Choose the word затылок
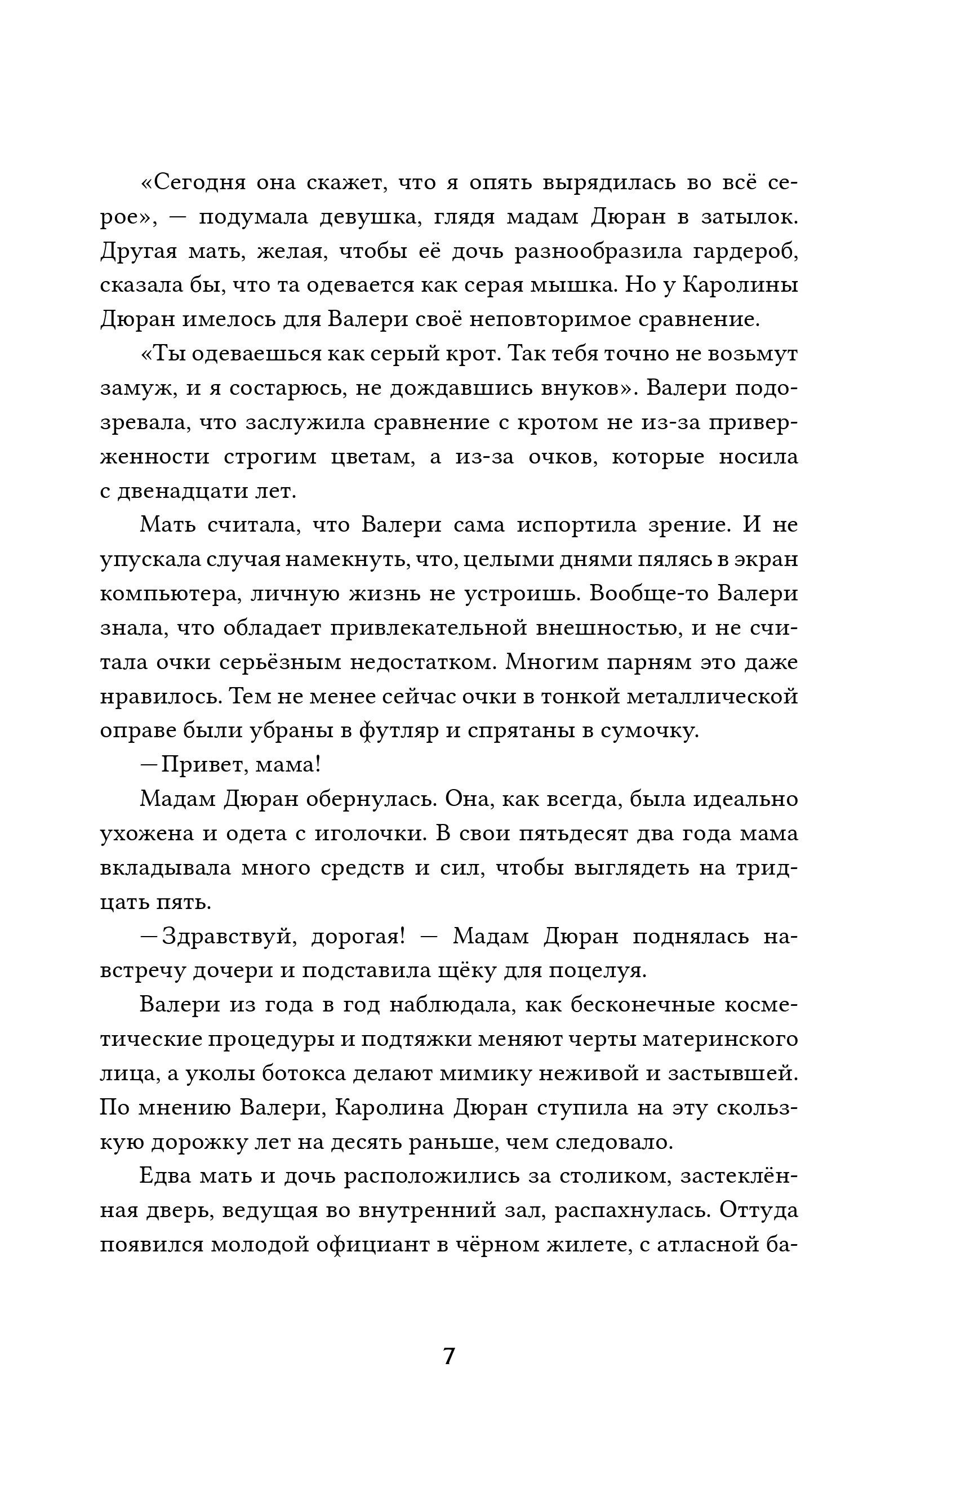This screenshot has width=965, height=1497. (x=749, y=217)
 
